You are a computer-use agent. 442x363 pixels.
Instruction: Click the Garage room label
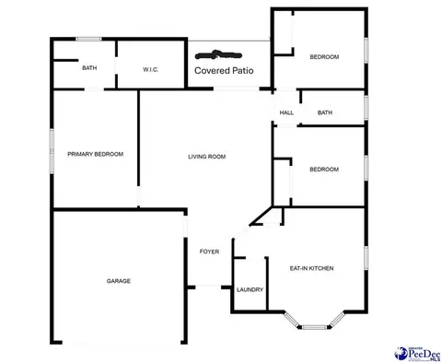pyautogui.click(x=119, y=281)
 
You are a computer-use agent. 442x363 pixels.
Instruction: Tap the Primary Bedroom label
pyautogui.click(x=96, y=154)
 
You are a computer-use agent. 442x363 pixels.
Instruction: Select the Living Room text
pyautogui.click(x=207, y=157)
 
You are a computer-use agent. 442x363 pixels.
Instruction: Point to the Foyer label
pyautogui.click(x=209, y=252)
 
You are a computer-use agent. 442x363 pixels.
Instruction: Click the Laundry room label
pyautogui.click(x=250, y=289)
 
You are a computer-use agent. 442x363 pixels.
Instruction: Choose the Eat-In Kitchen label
pyautogui.click(x=311, y=268)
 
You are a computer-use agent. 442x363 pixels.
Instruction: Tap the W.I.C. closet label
pyautogui.click(x=151, y=70)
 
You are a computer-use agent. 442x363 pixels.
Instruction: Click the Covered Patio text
pyautogui.click(x=224, y=71)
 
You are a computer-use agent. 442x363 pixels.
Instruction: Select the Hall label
pyautogui.click(x=286, y=112)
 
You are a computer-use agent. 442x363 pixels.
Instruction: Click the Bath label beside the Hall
pyautogui.click(x=325, y=112)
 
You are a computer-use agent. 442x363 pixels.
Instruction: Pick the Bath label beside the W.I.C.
pyautogui.click(x=89, y=68)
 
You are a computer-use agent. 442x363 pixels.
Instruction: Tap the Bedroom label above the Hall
pyautogui.click(x=324, y=57)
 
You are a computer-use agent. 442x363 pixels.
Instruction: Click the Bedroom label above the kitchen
pyautogui.click(x=324, y=170)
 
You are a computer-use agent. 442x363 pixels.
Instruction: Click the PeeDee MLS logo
pyautogui.click(x=417, y=354)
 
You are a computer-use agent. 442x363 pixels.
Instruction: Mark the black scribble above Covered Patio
pyautogui.click(x=218, y=55)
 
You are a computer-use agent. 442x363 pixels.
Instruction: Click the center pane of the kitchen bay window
pyautogui.click(x=315, y=327)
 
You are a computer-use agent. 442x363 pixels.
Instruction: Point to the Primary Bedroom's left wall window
pyautogui.click(x=52, y=151)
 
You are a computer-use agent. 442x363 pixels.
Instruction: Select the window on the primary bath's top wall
pyautogui.click(x=88, y=39)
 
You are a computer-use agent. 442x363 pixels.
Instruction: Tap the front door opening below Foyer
pyautogui.click(x=208, y=287)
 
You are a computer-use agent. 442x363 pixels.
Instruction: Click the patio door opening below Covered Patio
pyautogui.click(x=237, y=88)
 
